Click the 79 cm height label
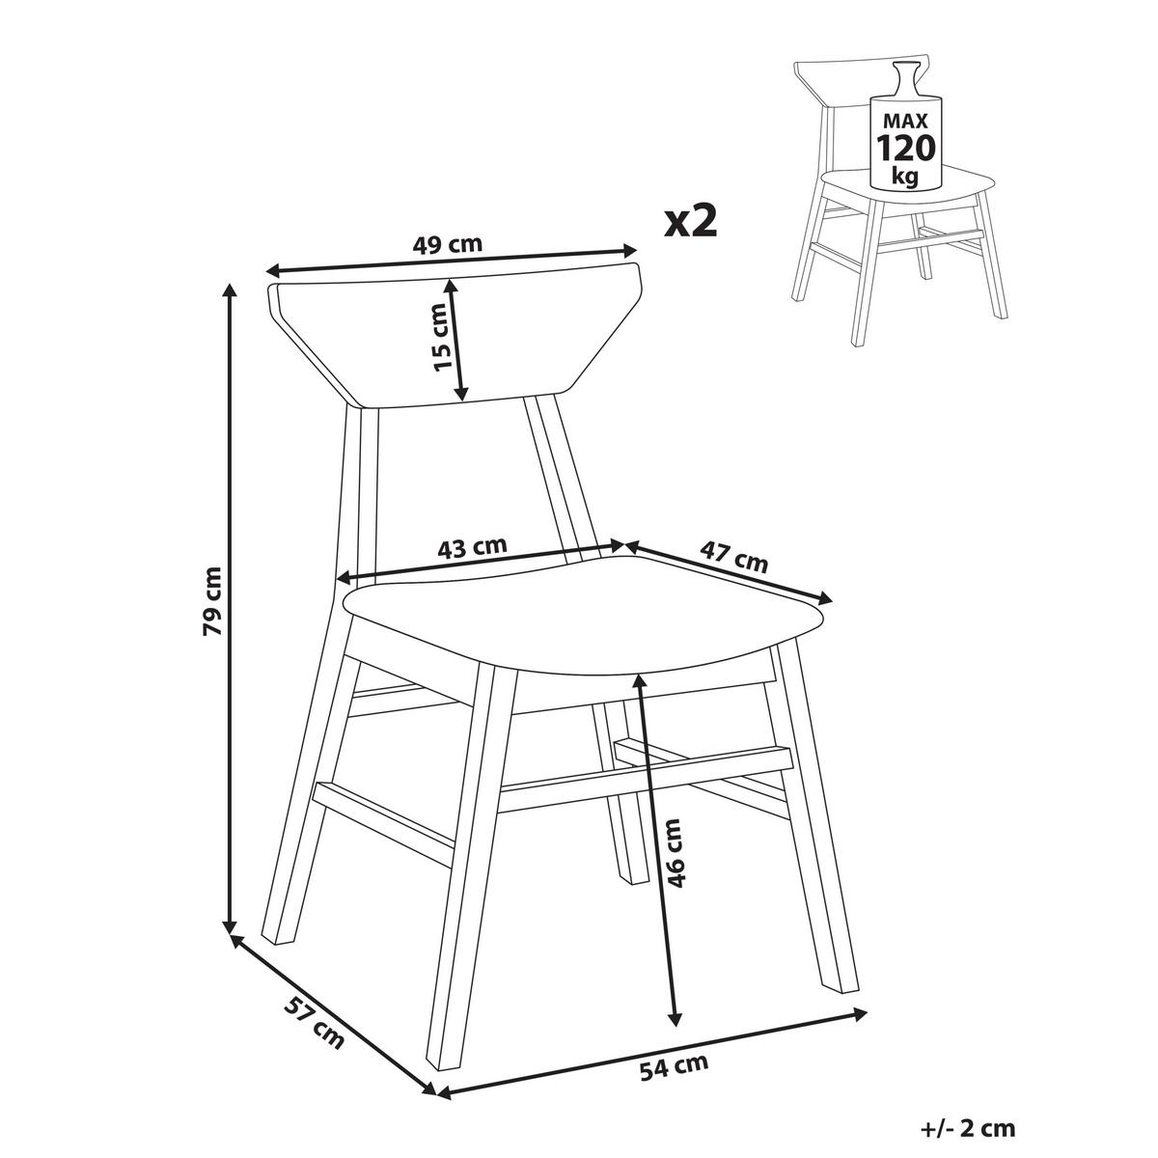click(212, 600)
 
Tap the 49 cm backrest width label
click(448, 244)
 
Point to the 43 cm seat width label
click(472, 549)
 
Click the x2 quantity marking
click(691, 222)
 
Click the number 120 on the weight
click(905, 148)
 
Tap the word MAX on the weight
click(905, 121)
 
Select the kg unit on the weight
click(905, 178)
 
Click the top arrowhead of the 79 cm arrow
click(229, 289)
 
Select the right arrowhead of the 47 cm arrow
click(825, 598)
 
